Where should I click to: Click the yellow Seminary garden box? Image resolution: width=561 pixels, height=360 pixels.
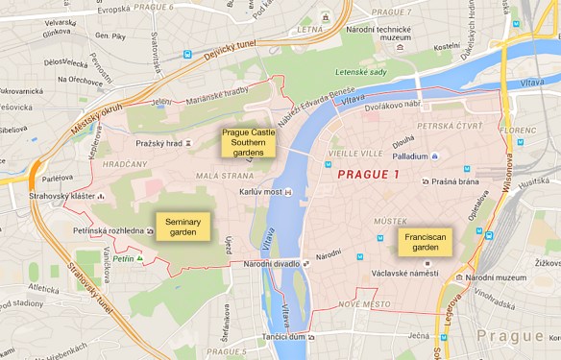click(x=182, y=227)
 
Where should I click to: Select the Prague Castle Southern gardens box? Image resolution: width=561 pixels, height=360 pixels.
click(x=247, y=144)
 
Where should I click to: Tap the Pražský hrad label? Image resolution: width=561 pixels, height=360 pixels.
click(x=158, y=143)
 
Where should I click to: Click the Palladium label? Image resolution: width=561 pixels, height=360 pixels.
click(x=409, y=156)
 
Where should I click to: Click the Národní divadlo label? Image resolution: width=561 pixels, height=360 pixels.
click(x=272, y=264)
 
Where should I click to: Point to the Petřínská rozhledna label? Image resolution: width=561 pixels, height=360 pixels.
click(x=109, y=230)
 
